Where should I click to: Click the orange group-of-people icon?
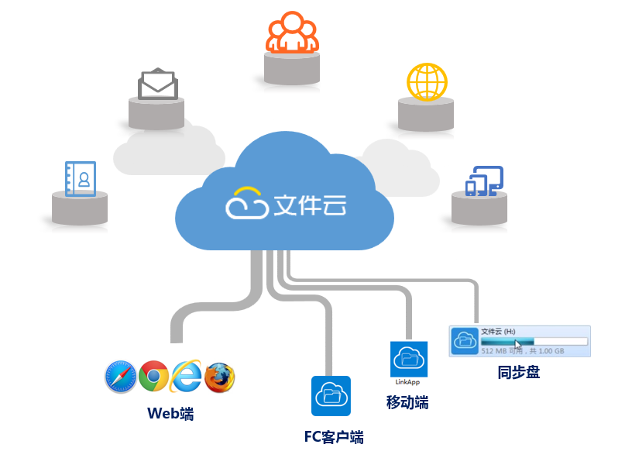coord(292,35)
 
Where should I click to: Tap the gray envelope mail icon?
coord(158,84)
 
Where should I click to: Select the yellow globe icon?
coord(427,82)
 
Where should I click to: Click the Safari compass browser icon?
coord(120,377)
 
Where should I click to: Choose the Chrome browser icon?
coord(153,377)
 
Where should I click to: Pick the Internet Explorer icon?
coord(187,377)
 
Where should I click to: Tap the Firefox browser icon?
coord(220,377)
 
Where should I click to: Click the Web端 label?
coord(170,413)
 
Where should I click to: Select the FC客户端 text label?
coord(333,437)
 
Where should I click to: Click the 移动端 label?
coord(407,402)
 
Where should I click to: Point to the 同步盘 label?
coord(518,372)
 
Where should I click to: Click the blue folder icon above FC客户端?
coord(331,395)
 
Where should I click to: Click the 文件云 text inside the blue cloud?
coord(310,205)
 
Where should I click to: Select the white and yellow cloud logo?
coord(246,202)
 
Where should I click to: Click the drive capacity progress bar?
coord(534,341)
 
